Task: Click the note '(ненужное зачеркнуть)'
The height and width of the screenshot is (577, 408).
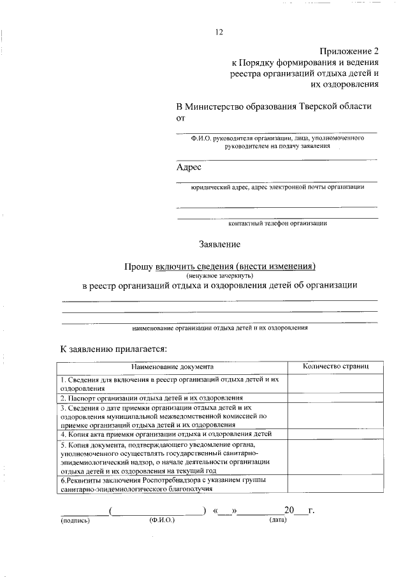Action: [220, 275]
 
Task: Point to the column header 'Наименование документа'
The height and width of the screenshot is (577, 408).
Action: [173, 368]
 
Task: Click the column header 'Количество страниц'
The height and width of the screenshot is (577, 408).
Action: [335, 367]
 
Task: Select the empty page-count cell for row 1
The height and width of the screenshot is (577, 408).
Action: [335, 383]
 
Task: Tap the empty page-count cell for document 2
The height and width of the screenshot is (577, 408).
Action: [335, 397]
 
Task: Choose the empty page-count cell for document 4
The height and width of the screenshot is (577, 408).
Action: [335, 434]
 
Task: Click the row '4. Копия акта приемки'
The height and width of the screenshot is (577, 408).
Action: [166, 434]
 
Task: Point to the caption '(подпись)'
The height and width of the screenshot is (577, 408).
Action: [76, 520]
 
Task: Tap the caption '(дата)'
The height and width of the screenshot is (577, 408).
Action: [278, 520]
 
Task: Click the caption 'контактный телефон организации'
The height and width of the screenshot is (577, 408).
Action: [277, 223]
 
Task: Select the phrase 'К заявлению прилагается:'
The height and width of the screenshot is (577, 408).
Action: [113, 349]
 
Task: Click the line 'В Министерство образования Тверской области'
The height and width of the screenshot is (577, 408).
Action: [274, 106]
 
